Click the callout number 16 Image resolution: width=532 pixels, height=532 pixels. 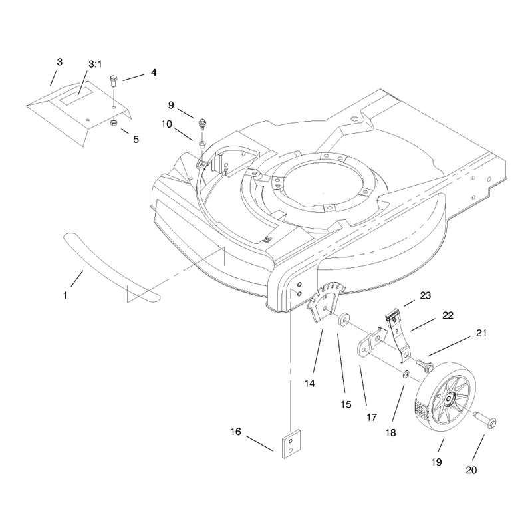pos(236,431)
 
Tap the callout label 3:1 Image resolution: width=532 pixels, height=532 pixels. pos(95,64)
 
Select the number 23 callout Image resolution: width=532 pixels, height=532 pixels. pos(426,295)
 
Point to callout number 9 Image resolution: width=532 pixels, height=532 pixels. pos(171,105)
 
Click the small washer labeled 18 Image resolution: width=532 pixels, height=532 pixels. pos(406,374)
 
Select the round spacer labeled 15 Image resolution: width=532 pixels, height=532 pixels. pos(344,319)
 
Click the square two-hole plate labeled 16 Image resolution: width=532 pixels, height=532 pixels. pos(291,444)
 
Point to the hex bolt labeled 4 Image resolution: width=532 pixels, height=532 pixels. pos(113,81)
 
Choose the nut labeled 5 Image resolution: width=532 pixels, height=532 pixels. pos(114,122)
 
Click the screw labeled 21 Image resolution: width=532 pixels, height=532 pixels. pos(425,365)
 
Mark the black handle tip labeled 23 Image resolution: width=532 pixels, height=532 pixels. pos(392,314)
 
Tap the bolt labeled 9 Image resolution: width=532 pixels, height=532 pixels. pos(203,124)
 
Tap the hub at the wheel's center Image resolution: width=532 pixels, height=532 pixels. pos(450,398)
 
